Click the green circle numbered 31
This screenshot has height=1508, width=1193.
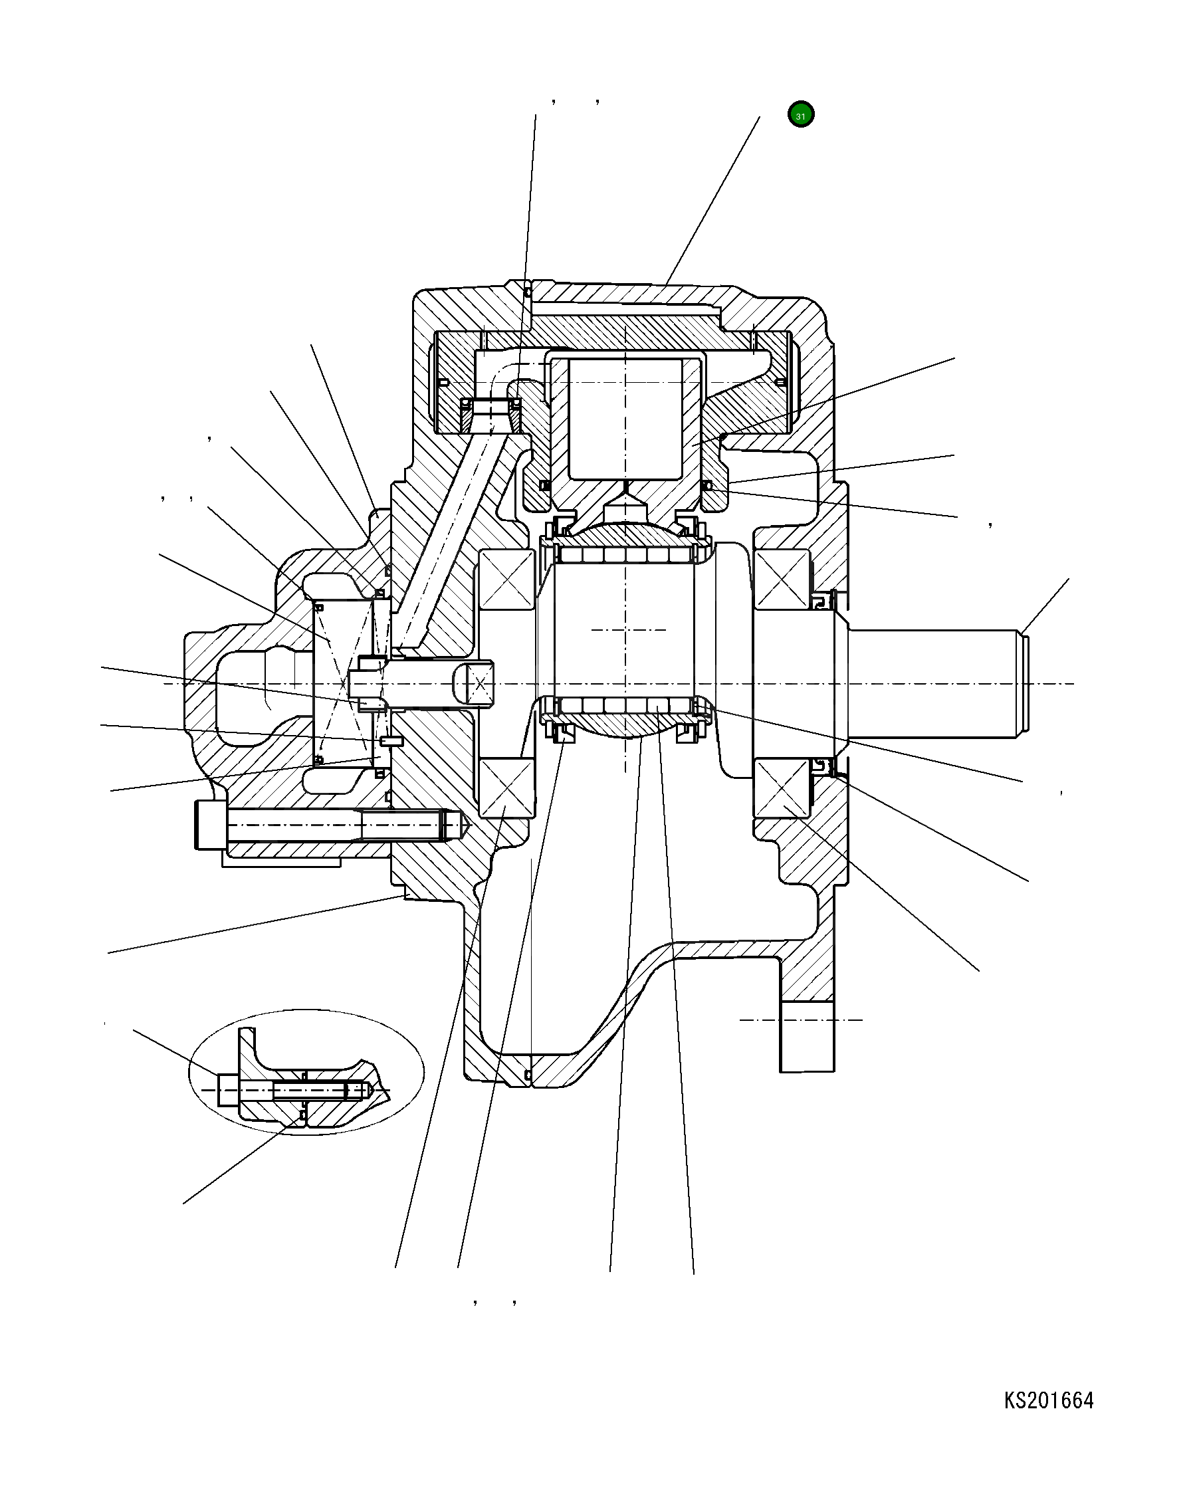click(x=800, y=115)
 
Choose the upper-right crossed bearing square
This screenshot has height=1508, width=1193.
click(x=782, y=578)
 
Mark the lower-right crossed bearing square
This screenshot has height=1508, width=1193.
click(x=782, y=788)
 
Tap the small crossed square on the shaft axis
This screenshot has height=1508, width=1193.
click(x=480, y=683)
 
